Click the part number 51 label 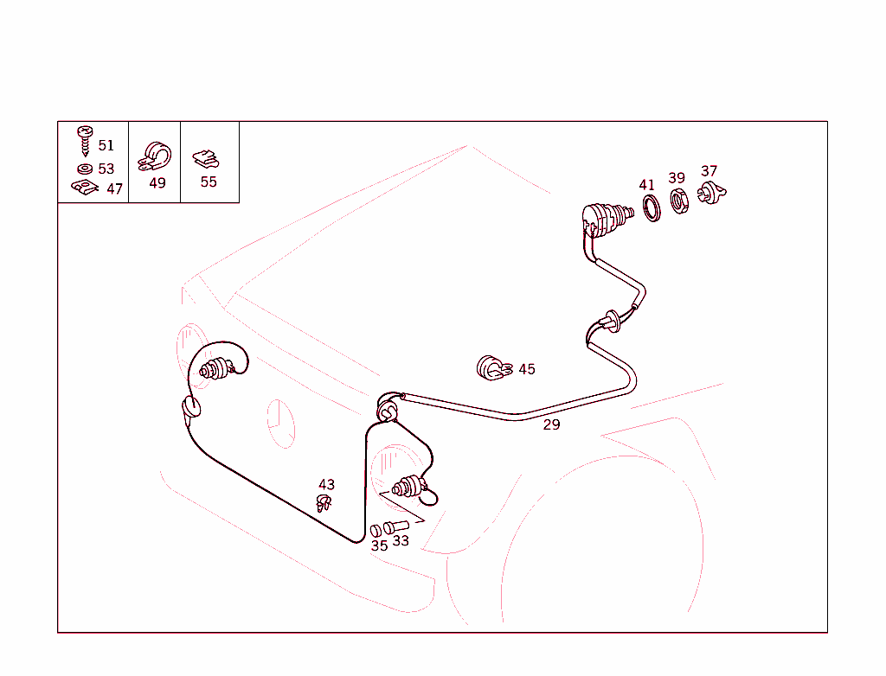tap(106, 146)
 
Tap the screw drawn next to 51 tap(86, 141)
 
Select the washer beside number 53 tap(85, 169)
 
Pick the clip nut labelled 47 tap(85, 187)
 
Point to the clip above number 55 tap(206, 159)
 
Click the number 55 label tap(209, 182)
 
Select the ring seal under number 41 tap(652, 207)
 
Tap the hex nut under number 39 tap(679, 201)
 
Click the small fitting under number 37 tap(711, 193)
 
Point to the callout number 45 tap(527, 369)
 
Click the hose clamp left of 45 tap(494, 368)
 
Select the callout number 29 tap(551, 424)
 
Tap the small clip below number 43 tap(324, 502)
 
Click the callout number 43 tap(326, 485)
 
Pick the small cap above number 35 tap(376, 531)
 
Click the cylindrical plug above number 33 tap(396, 527)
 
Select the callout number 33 tap(401, 541)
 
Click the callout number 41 tap(647, 185)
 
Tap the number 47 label tap(115, 189)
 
